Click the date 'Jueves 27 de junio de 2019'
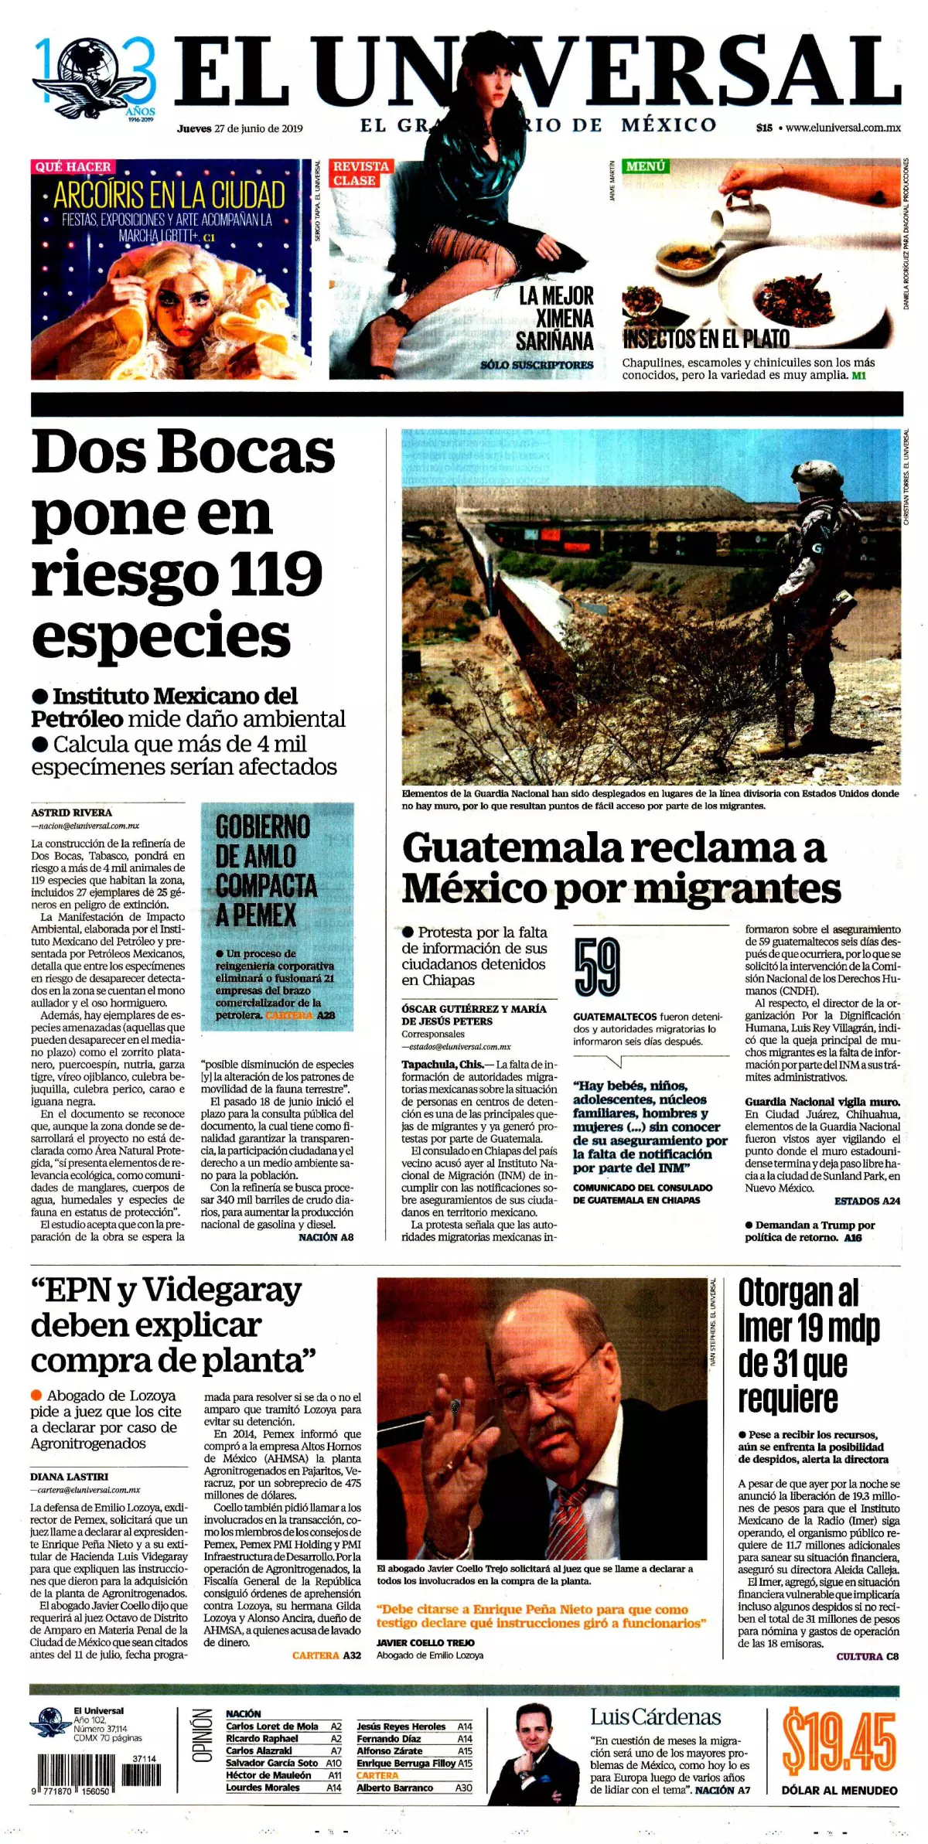(x=240, y=129)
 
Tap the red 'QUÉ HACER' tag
(x=73, y=167)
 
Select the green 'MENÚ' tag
(x=646, y=166)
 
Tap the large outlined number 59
(x=597, y=966)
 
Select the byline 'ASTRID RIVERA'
(x=71, y=813)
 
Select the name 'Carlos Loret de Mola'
(x=271, y=1726)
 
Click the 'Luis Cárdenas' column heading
(x=655, y=1717)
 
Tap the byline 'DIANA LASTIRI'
(x=70, y=1477)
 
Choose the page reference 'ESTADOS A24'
(x=867, y=1201)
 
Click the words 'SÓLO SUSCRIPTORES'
(x=537, y=365)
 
